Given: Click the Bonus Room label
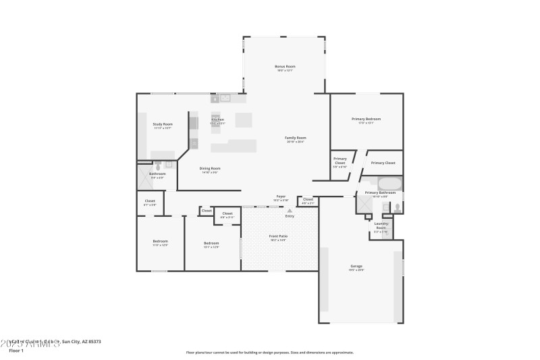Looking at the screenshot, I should pyautogui.click(x=285, y=67).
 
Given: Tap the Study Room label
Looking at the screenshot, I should pyautogui.click(x=163, y=124).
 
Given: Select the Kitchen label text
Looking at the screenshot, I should pyautogui.click(x=217, y=120).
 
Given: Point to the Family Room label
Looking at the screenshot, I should pyautogui.click(x=296, y=138).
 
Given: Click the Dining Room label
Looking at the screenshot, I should pyautogui.click(x=210, y=168).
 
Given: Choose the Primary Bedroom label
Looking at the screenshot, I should pyautogui.click(x=366, y=120).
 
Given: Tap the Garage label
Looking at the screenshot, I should pyautogui.click(x=356, y=266).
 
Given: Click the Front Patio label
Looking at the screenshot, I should pyautogui.click(x=278, y=236).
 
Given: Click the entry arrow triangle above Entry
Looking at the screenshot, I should pyautogui.click(x=290, y=211).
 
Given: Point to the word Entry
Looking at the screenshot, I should pyautogui.click(x=290, y=216).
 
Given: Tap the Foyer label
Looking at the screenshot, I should pyautogui.click(x=281, y=197).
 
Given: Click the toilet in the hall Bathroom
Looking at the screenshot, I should pyautogui.click(x=158, y=165).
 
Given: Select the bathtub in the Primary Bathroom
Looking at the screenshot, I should pyautogui.click(x=389, y=183).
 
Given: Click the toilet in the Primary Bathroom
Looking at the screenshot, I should pyautogui.click(x=397, y=207).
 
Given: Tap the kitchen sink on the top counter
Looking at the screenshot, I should pyautogui.click(x=225, y=98).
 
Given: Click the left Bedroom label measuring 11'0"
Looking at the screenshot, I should pyautogui.click(x=160, y=241).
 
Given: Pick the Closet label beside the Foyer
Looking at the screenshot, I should pyautogui.click(x=308, y=199).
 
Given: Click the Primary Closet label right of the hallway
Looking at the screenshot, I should pyautogui.click(x=383, y=163).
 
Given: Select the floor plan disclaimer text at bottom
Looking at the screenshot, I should pyautogui.click(x=270, y=352).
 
